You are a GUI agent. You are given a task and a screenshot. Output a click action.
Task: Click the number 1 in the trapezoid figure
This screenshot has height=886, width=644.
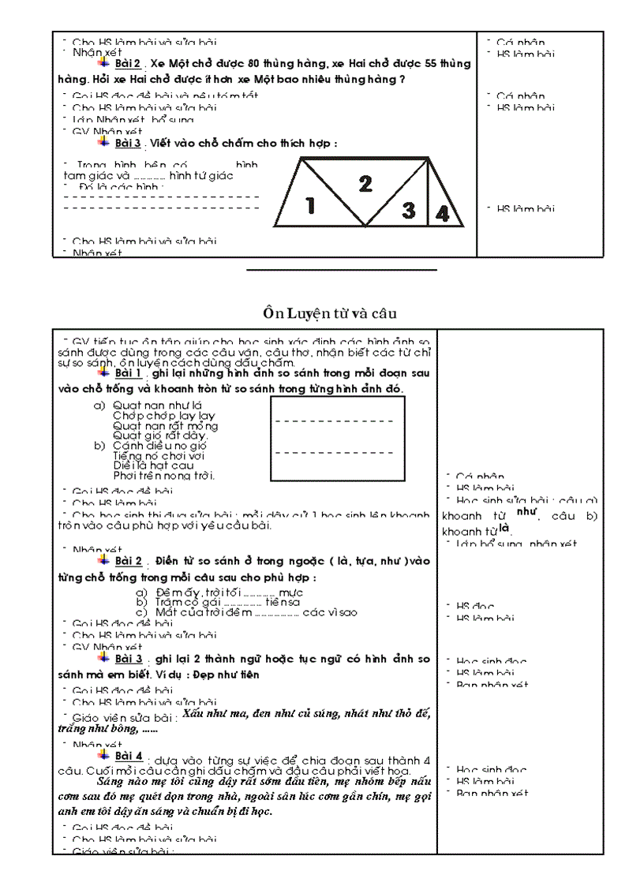(x=310, y=206)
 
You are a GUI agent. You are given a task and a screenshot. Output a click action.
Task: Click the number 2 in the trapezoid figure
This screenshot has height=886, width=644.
(x=365, y=184)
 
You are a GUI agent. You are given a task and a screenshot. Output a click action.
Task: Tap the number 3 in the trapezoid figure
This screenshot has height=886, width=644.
(x=408, y=210)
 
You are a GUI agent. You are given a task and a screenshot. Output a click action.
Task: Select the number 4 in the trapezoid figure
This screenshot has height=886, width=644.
(x=443, y=213)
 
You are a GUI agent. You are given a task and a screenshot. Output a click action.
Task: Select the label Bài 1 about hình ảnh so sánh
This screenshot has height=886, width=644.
(x=129, y=372)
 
